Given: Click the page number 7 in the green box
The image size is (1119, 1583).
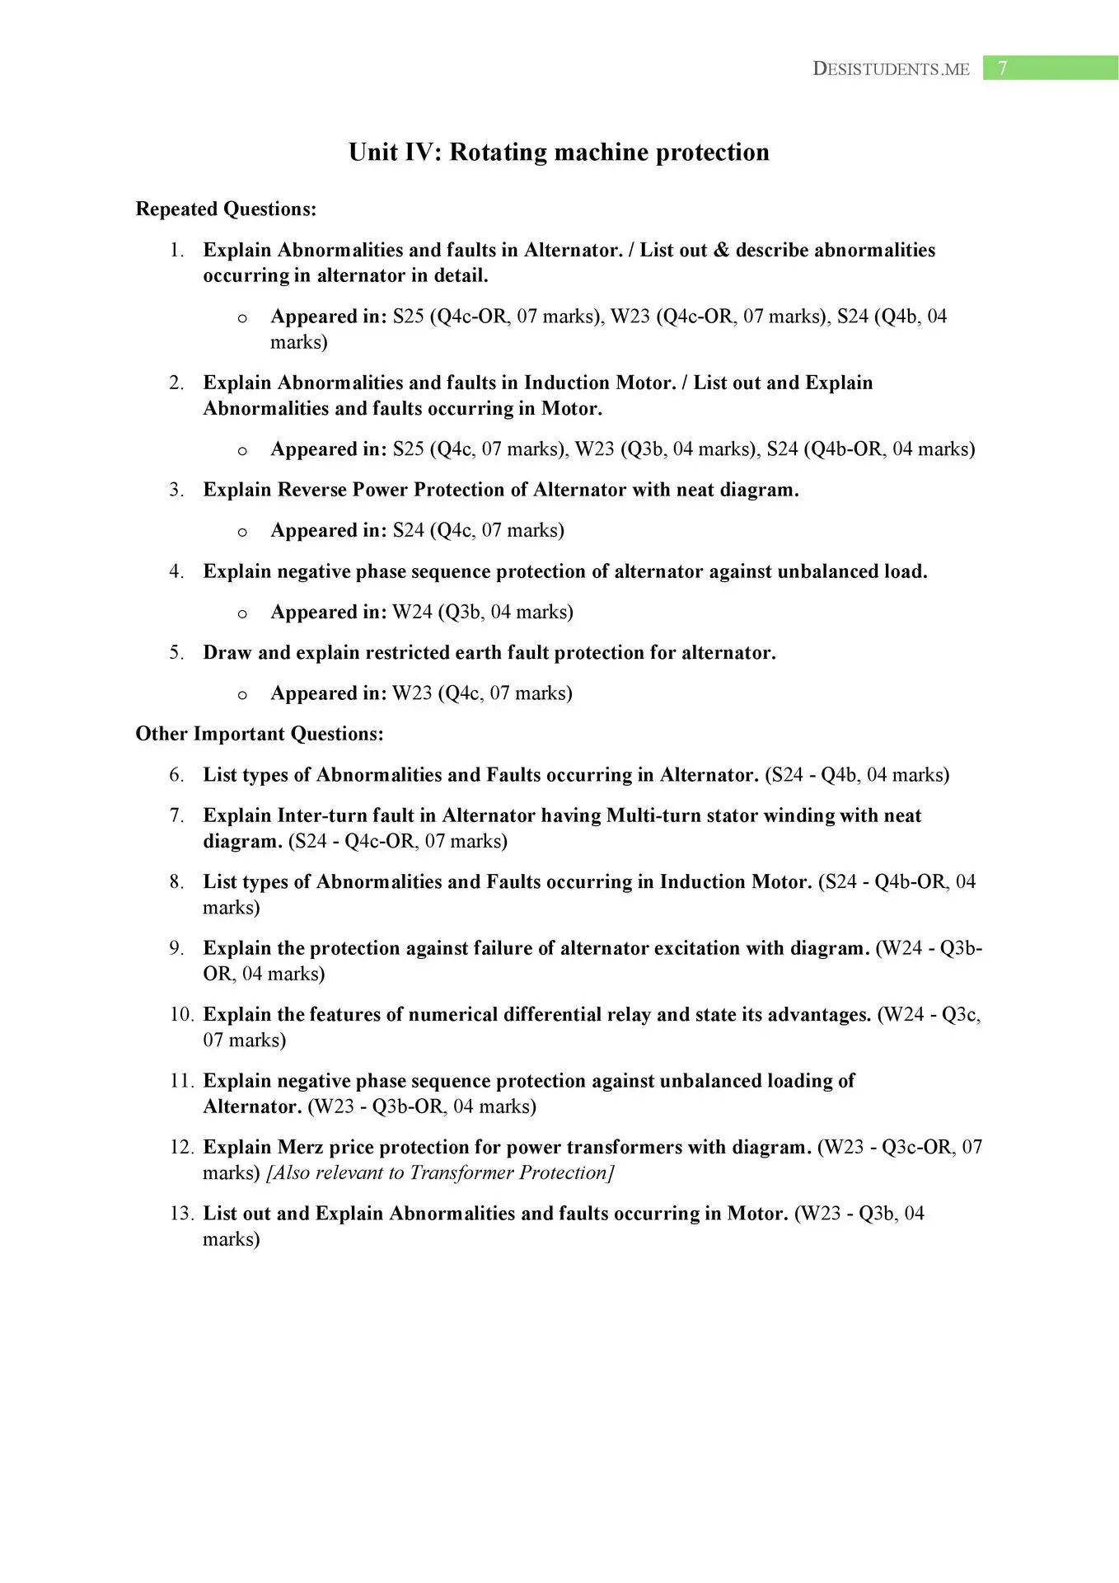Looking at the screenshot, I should tap(1002, 68).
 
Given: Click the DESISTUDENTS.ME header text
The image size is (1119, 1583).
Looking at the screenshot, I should tap(891, 69).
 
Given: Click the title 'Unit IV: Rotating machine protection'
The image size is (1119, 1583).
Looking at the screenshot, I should tap(559, 153).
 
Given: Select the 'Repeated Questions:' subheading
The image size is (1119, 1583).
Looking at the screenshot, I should tap(226, 209).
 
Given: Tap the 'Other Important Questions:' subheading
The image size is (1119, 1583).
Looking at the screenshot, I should tap(260, 734).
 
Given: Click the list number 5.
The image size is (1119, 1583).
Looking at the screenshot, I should tap(176, 653).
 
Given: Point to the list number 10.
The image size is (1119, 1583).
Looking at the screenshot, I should tap(181, 1015).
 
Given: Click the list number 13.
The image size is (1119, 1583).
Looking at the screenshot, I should tap(181, 1214).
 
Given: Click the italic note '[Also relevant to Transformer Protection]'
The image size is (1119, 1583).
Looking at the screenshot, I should tap(440, 1173).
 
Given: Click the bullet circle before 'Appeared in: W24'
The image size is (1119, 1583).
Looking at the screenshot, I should tap(242, 613).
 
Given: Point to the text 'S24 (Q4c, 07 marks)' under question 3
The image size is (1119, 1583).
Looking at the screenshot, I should tap(478, 530).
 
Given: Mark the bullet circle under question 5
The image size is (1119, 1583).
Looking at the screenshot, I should tap(242, 695).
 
